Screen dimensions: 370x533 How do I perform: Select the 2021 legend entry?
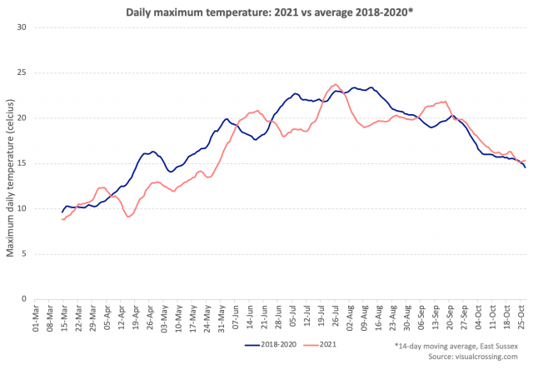coord(328,342)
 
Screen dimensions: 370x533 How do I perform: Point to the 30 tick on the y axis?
coord(22,27)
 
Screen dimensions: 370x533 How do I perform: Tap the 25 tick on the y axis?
coord(22,72)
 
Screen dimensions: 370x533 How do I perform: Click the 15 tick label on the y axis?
coord(22,163)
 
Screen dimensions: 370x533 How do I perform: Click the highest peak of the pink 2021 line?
coord(336,84)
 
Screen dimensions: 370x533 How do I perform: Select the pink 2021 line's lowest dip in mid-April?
coord(128,217)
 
